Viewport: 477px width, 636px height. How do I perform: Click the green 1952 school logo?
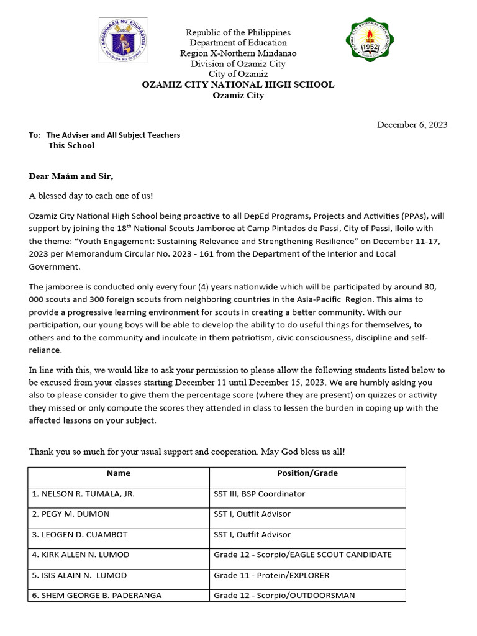click(x=371, y=43)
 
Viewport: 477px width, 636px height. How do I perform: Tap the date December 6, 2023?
click(x=412, y=125)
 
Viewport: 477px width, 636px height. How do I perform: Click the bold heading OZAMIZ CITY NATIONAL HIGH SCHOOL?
click(x=238, y=84)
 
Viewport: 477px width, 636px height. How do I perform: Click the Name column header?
click(x=118, y=473)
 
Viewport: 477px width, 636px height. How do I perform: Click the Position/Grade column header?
click(x=307, y=473)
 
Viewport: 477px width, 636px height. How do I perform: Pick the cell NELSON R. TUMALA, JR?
click(x=83, y=494)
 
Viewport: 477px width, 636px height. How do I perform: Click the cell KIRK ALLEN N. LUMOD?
click(x=81, y=555)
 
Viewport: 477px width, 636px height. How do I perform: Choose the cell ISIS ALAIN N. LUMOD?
click(x=79, y=575)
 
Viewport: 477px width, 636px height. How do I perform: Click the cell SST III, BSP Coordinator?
click(x=259, y=494)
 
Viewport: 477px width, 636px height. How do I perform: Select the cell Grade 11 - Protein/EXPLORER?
click(x=271, y=575)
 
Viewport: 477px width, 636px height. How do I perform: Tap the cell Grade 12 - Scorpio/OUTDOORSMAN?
click(x=284, y=595)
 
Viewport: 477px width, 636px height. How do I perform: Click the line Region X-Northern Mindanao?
click(x=238, y=53)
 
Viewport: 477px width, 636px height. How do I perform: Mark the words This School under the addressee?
click(x=71, y=146)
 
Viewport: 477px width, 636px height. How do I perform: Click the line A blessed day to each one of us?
click(x=91, y=196)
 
